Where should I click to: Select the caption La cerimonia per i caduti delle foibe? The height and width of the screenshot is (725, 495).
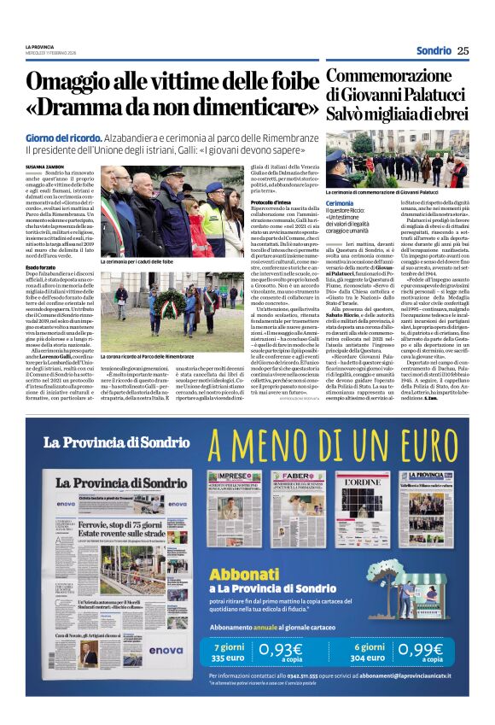(137, 261)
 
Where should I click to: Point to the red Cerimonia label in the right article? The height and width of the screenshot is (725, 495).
(340, 202)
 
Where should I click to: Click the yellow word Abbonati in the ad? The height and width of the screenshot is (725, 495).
(247, 575)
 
